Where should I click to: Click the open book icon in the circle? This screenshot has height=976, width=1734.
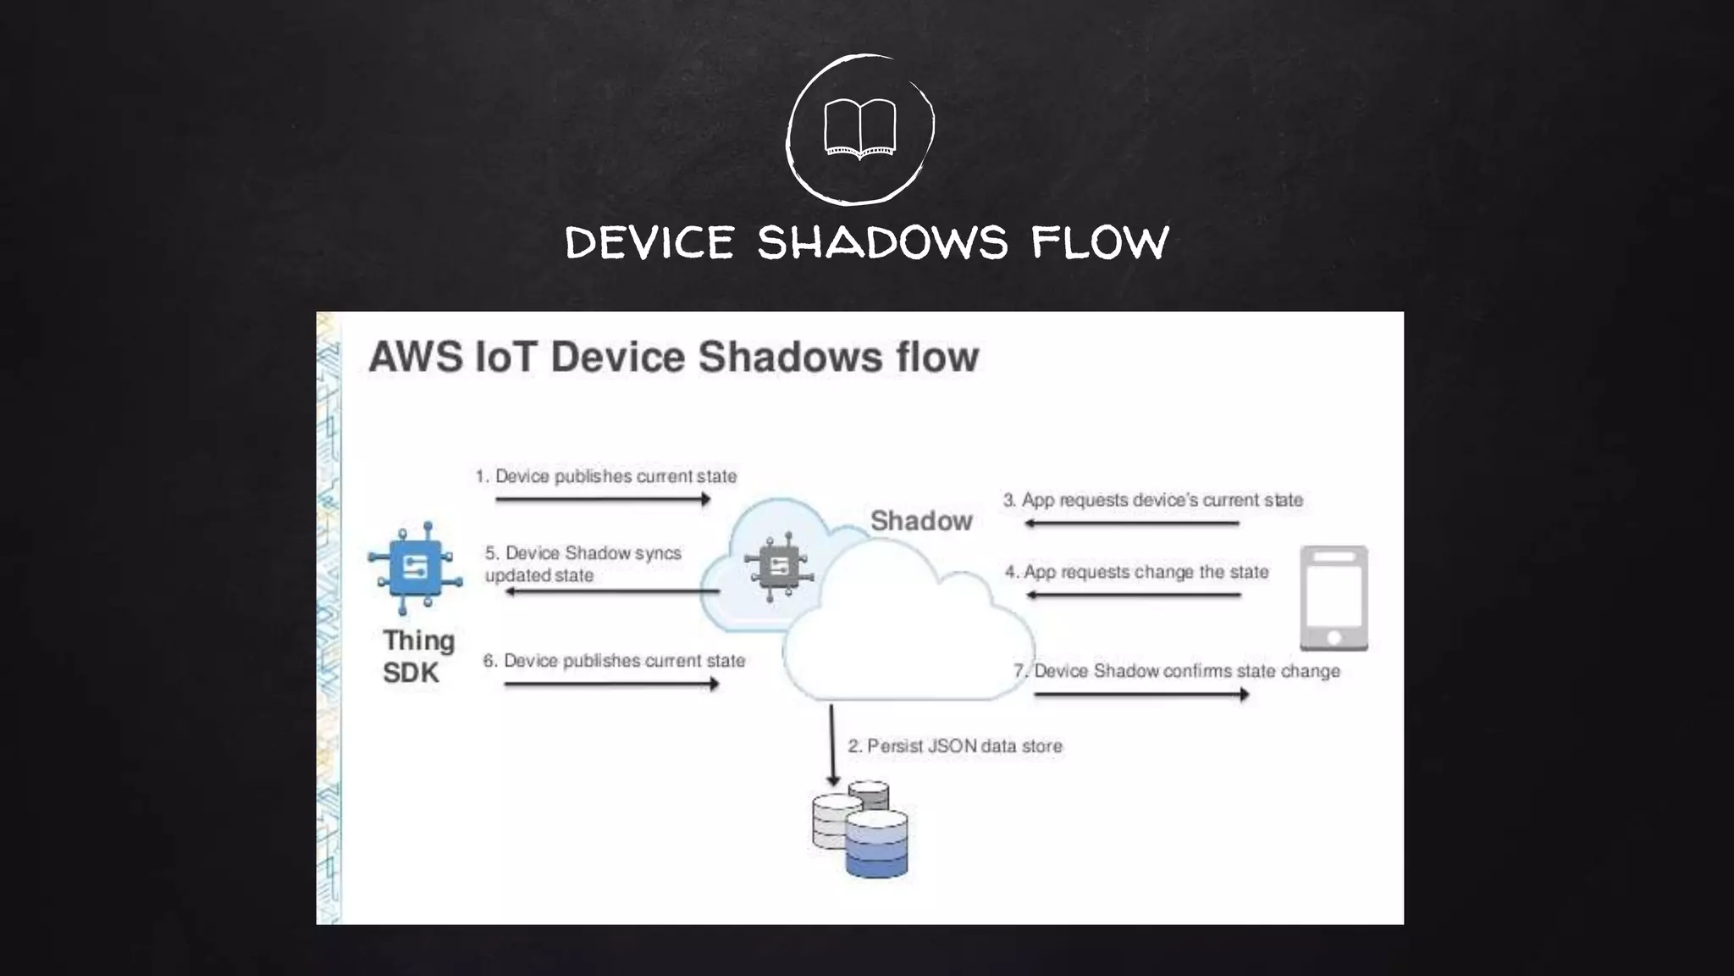(x=859, y=129)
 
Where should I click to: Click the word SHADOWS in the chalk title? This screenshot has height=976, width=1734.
(x=882, y=243)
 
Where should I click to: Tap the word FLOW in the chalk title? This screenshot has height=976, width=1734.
(x=1100, y=243)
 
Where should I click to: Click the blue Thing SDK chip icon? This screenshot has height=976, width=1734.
(x=414, y=567)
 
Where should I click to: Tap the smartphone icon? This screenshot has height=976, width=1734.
(x=1334, y=598)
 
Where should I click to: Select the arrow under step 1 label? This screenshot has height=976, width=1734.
(x=602, y=499)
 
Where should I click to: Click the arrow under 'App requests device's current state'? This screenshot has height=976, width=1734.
(x=1131, y=524)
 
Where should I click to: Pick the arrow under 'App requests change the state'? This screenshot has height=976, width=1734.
(x=1133, y=595)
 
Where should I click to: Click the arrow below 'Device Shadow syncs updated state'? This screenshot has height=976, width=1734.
(x=611, y=591)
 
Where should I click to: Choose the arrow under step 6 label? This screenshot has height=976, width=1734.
(x=610, y=684)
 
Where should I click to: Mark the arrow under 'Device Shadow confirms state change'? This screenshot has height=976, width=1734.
(x=1140, y=695)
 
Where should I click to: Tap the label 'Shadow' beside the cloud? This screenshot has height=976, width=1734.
(x=921, y=520)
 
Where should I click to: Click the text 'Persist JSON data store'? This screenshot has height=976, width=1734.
(x=964, y=746)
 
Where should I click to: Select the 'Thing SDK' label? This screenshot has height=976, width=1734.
(x=417, y=657)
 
